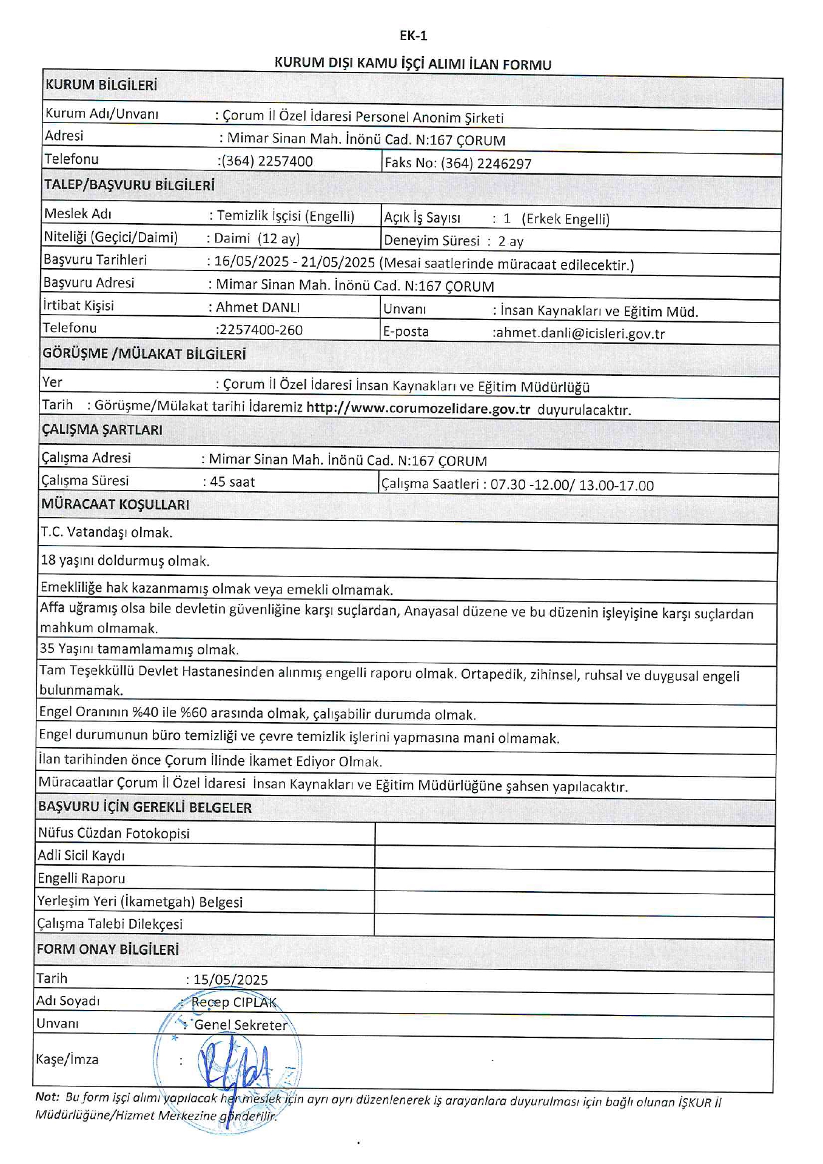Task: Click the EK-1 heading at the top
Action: [413, 36]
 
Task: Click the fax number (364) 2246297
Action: [486, 164]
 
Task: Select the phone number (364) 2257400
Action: [267, 161]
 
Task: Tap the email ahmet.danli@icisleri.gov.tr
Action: [580, 333]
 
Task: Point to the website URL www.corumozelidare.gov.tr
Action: [418, 408]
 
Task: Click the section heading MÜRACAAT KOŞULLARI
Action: [115, 504]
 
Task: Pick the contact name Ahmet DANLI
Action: [258, 307]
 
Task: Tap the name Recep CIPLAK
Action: [234, 1002]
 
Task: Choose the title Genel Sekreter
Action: [241, 1025]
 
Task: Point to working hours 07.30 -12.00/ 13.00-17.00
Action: [572, 485]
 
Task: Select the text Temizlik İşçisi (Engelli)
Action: [285, 216]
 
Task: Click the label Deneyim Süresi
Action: [431, 241]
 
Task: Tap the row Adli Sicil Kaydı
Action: [81, 856]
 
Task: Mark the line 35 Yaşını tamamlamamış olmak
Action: [139, 649]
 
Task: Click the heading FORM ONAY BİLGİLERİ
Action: [108, 949]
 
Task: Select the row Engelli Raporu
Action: [81, 878]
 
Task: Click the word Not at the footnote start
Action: [46, 1097]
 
